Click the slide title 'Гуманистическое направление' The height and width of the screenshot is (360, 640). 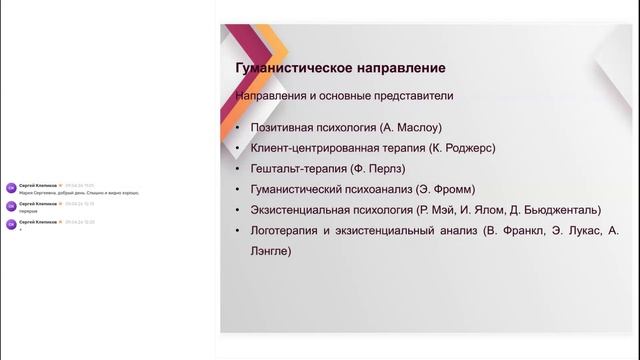click(x=340, y=68)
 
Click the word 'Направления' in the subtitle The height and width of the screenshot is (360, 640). click(x=271, y=97)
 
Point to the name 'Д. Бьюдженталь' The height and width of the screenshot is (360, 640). click(x=553, y=210)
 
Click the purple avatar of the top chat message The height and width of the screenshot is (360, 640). click(x=10, y=186)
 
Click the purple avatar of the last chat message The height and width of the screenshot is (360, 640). click(x=10, y=224)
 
